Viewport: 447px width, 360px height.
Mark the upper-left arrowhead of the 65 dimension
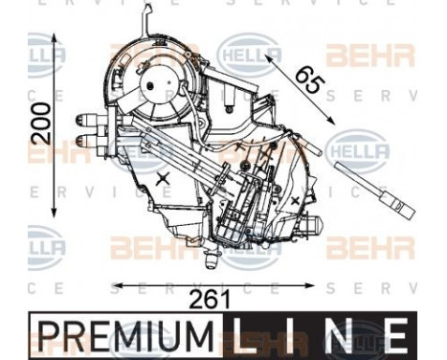(x=268, y=55)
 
